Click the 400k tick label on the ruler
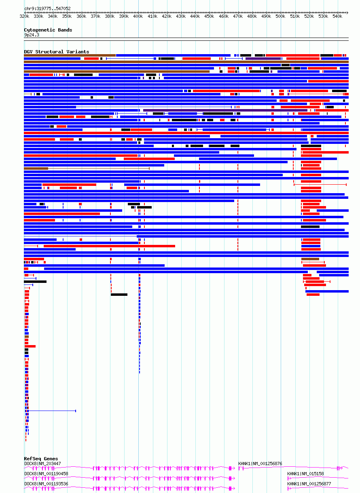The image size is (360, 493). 138,17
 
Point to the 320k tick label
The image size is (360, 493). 24,17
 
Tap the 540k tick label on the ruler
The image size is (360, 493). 338,17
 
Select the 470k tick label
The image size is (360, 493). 238,17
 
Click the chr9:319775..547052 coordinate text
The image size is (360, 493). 47,8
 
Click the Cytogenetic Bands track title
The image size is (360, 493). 48,30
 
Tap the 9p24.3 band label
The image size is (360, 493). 32,35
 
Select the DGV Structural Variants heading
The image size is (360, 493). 56,52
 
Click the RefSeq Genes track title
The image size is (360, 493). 41,459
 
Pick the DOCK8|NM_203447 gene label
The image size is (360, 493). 42,464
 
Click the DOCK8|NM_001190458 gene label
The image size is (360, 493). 46,474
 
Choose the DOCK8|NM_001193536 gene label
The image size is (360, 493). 46,484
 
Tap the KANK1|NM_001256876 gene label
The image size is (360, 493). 260,464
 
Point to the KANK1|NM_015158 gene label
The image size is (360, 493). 305,474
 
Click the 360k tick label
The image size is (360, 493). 81,17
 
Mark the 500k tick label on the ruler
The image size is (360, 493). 281,17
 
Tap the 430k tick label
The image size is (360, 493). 181,17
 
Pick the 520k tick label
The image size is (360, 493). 309,17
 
